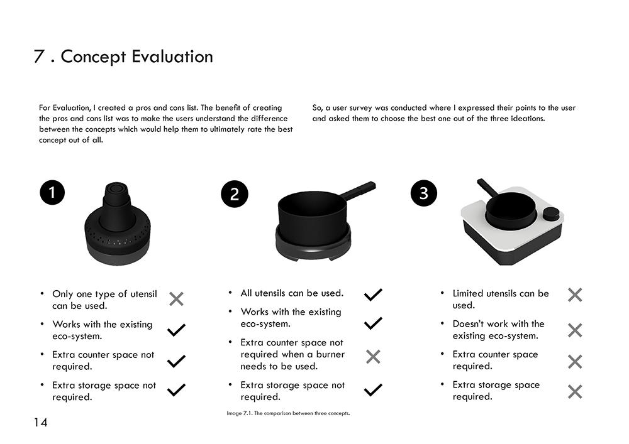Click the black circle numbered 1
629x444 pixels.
[52, 193]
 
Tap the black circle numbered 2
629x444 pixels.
[235, 194]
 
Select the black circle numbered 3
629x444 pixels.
[424, 193]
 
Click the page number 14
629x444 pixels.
[40, 423]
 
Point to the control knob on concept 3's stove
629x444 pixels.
[551, 214]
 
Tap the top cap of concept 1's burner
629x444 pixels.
[116, 188]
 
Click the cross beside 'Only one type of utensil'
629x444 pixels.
[177, 299]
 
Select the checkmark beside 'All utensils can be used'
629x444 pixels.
[373, 295]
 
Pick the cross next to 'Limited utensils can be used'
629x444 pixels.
[575, 295]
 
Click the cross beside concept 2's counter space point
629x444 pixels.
[373, 356]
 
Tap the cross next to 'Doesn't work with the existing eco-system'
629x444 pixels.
[575, 330]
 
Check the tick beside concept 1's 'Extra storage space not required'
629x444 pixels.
[177, 390]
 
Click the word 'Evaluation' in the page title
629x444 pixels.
[172, 57]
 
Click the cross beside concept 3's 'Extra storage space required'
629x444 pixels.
[575, 391]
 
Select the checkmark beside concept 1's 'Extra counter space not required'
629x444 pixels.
[177, 361]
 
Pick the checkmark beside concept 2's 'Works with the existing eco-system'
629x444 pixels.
[373, 323]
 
